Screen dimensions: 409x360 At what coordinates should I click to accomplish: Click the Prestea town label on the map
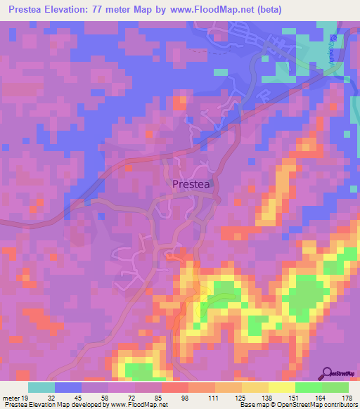191,184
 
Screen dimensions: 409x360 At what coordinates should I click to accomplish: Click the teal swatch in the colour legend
41,387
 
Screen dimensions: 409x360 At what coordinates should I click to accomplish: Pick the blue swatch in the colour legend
68,387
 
